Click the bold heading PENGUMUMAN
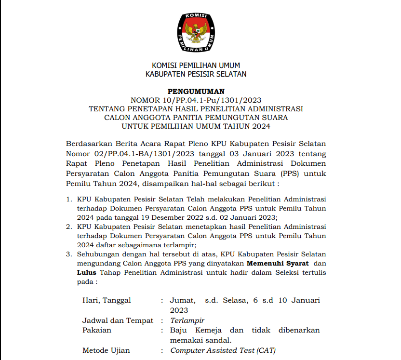click(x=196, y=92)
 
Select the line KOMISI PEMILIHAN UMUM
click(x=196, y=66)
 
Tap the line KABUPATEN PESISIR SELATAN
click(x=196, y=74)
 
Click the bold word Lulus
click(x=87, y=273)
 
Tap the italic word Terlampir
click(x=187, y=320)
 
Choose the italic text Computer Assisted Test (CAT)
click(x=223, y=350)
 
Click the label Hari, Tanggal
click(x=107, y=300)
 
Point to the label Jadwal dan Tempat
click(x=118, y=320)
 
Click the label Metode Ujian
click(x=106, y=350)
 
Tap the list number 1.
click(x=68, y=199)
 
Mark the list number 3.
click(x=68, y=254)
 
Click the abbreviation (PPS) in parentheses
click(x=281, y=174)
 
